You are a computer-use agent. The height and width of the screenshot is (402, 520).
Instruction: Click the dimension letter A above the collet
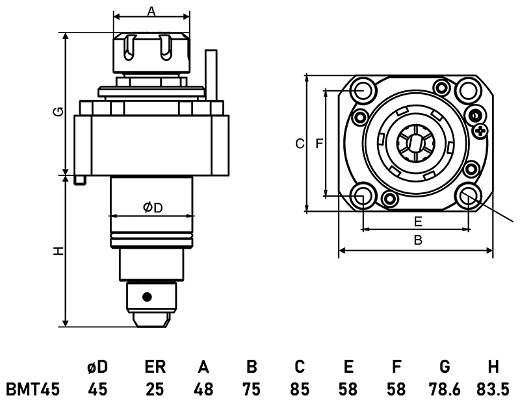pos(151,11)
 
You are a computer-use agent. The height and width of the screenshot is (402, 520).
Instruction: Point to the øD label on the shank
pos(151,207)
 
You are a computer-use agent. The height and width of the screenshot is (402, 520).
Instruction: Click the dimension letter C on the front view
pos(299,144)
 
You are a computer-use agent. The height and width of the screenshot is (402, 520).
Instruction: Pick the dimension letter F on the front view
pos(319,144)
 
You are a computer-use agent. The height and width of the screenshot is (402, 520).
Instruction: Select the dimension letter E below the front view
pos(418,221)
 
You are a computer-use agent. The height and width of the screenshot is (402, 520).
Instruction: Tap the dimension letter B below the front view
pos(418,240)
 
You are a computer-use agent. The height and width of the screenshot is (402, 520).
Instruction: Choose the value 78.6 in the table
pos(445,390)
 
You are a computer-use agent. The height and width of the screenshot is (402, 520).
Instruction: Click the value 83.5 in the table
pos(493,390)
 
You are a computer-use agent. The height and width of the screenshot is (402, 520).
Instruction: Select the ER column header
pos(155,367)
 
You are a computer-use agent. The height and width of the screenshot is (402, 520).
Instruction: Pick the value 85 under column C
pos(300,390)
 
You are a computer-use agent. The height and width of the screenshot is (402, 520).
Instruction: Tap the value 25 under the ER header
pos(155,390)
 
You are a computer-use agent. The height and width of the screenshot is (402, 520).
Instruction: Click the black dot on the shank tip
pos(148,297)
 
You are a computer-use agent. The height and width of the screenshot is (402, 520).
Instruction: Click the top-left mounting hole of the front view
pos(363,90)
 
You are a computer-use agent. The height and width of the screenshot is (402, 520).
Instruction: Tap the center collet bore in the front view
pos(415,143)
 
